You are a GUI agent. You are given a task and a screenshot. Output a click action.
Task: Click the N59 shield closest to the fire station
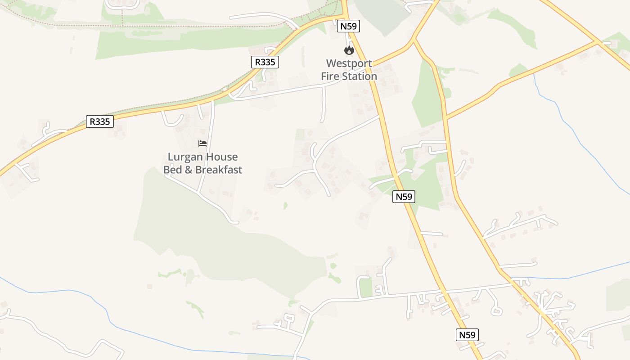(x=349, y=26)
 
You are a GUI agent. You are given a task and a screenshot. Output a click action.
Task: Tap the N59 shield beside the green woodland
(x=404, y=197)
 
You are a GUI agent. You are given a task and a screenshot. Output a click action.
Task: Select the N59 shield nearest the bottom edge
(x=467, y=335)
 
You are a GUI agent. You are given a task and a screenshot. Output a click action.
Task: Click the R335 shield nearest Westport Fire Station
(x=265, y=62)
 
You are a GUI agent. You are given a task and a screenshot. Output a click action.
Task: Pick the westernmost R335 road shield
(x=99, y=121)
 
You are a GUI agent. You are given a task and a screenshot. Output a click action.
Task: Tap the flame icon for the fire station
(x=349, y=50)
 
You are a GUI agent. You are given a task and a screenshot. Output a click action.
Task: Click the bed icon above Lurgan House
(x=202, y=144)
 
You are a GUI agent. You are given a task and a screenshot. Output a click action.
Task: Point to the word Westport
(x=349, y=63)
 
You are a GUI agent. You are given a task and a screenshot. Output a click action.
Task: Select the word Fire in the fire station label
(x=330, y=76)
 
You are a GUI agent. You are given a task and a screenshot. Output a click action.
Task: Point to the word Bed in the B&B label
(x=172, y=170)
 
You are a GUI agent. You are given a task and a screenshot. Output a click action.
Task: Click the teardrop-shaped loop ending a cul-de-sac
(x=496, y=310)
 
